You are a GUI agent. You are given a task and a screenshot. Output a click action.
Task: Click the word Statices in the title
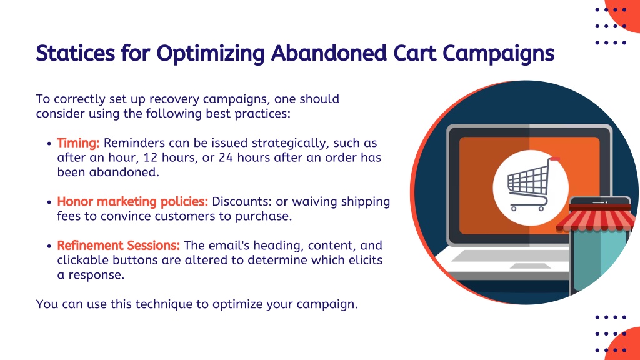(x=76, y=53)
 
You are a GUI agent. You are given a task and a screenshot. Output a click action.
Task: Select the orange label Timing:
(x=78, y=143)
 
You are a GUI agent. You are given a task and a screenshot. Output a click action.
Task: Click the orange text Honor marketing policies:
(x=132, y=202)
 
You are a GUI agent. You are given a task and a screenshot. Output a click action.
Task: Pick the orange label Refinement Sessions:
(x=118, y=245)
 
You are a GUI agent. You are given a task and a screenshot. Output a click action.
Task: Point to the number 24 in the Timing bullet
(x=226, y=157)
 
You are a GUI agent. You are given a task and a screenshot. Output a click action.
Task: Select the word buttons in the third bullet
(x=135, y=260)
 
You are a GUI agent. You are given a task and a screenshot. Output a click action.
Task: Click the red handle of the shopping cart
(x=554, y=159)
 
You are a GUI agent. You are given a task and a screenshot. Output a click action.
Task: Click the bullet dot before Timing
(x=49, y=144)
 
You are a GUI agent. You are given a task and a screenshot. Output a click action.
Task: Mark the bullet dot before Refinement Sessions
(x=49, y=246)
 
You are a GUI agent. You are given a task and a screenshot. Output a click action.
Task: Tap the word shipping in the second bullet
(x=366, y=202)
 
